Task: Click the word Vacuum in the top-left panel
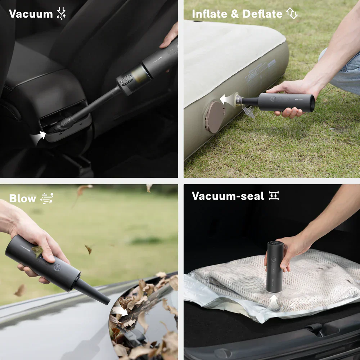(31, 14)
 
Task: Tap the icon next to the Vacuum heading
(62, 14)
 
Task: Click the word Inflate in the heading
(209, 14)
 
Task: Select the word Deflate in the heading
(262, 14)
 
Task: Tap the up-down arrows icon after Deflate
(292, 14)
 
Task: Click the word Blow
(23, 199)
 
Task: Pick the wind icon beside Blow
(47, 198)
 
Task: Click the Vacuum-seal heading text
(228, 196)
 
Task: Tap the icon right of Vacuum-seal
(274, 196)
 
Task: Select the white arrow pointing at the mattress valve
(227, 99)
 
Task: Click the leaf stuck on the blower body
(37, 251)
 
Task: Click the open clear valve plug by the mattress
(249, 111)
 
